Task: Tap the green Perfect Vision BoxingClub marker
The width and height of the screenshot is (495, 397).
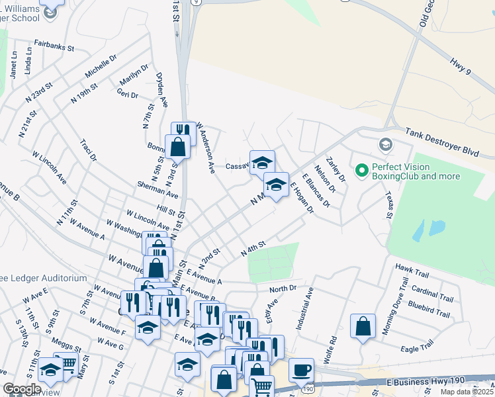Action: pos(361,171)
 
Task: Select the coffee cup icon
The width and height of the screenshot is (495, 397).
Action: pos(301,371)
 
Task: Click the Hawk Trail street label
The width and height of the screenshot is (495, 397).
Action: pos(412,267)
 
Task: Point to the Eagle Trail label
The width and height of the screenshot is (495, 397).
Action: pos(417,345)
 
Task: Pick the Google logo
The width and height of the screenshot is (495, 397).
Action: pos(22,389)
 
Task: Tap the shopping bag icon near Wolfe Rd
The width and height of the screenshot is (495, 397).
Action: pos(363,326)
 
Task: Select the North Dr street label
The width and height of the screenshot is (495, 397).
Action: pos(283,289)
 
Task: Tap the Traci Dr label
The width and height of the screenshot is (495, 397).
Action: pos(88,150)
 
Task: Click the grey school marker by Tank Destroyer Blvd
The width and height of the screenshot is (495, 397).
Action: pos(385,144)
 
